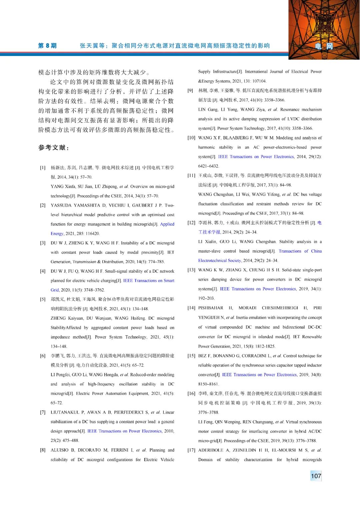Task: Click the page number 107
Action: (x=316, y=476)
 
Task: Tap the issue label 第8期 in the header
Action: (x=47, y=46)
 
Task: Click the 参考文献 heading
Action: (x=53, y=148)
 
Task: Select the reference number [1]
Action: (x=43, y=168)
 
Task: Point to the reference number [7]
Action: (x=43, y=412)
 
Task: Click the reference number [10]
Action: (x=191, y=138)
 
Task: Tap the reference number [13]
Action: (x=191, y=270)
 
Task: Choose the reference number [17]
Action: (x=191, y=450)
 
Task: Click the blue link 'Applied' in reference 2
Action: (x=167, y=224)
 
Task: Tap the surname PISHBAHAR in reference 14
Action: (x=211, y=308)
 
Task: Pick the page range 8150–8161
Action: (x=208, y=384)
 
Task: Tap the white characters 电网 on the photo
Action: (x=324, y=46)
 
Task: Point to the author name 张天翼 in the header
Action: (x=89, y=46)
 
